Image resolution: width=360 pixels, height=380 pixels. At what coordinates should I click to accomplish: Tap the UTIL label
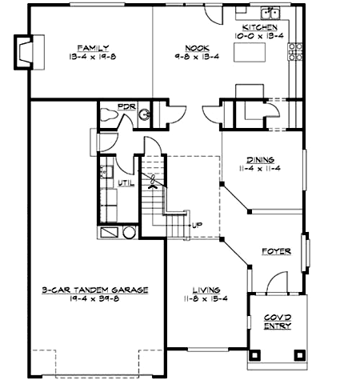pyautogui.click(x=126, y=182)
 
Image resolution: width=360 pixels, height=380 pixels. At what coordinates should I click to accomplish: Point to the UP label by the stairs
pyautogui.click(x=196, y=225)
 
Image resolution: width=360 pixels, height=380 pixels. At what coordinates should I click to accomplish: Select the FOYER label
pyautogui.click(x=276, y=251)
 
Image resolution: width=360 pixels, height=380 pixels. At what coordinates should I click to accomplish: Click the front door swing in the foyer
pyautogui.click(x=275, y=282)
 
